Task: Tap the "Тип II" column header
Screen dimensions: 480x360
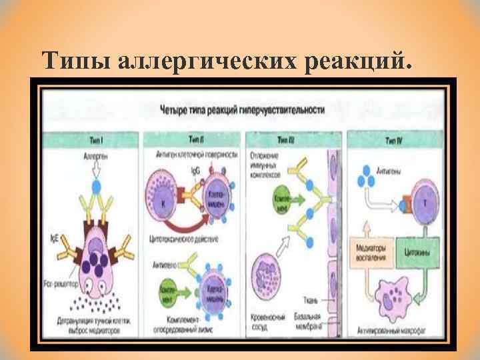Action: click(x=195, y=139)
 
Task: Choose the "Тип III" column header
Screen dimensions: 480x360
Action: click(x=293, y=139)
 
